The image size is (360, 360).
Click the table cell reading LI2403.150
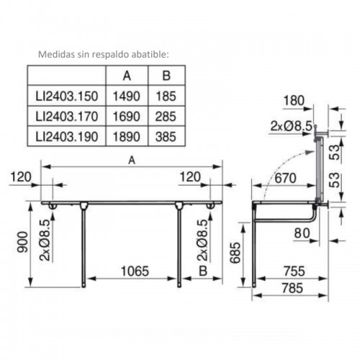pyautogui.click(x=67, y=96)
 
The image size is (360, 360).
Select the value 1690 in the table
pyautogui.click(x=127, y=117)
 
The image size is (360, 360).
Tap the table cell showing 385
pyautogui.click(x=166, y=137)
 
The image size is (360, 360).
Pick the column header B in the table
pyautogui.click(x=166, y=76)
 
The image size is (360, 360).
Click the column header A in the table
pyautogui.click(x=127, y=76)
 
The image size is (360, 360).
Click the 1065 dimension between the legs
pyautogui.click(x=135, y=271)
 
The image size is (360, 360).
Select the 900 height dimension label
pyautogui.click(x=22, y=242)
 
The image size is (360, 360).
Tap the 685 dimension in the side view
pyautogui.click(x=235, y=253)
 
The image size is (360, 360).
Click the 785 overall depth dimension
pyautogui.click(x=292, y=288)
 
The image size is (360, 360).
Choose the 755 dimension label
pyautogui.click(x=294, y=271)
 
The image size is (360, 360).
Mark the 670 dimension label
pyautogui.click(x=285, y=178)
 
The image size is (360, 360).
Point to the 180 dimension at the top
pyautogui.click(x=294, y=101)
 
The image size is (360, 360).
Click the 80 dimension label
pyautogui.click(x=302, y=233)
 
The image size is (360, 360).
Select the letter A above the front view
pyautogui.click(x=132, y=160)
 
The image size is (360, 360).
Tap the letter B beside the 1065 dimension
pyautogui.click(x=203, y=271)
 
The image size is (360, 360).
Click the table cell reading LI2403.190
pyautogui.click(x=67, y=137)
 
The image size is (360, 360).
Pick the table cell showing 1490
pyautogui.click(x=127, y=96)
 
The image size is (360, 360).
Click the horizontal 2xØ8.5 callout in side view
pyautogui.click(x=292, y=126)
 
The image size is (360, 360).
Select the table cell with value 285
pyautogui.click(x=166, y=117)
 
